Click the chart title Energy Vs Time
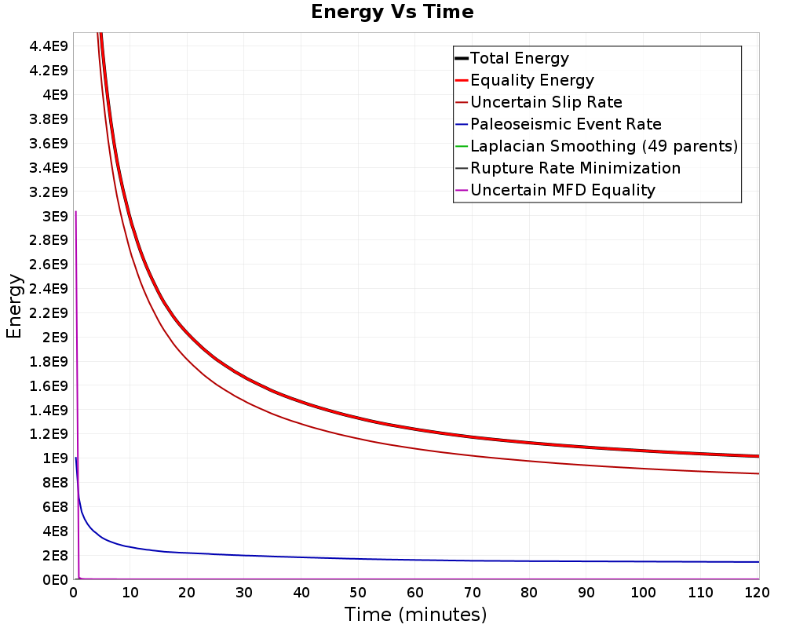coord(392,12)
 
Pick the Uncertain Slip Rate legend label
coord(546,102)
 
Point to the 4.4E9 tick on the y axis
coord(49,46)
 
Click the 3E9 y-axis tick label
coord(55,217)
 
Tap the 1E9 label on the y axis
coord(55,458)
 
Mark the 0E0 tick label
coord(55,580)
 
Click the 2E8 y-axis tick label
coord(55,555)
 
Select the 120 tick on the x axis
coord(758,593)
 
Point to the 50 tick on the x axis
coord(358,593)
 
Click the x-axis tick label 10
coord(130,593)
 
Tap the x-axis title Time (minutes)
coord(415,615)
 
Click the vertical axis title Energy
coord(14,306)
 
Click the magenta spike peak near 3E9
coord(75,212)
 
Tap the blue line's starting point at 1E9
coord(75,458)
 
